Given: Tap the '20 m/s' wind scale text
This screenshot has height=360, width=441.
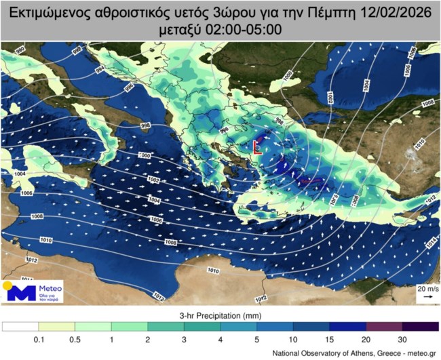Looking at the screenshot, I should point(425,288).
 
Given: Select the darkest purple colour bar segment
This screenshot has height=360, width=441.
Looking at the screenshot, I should point(421,327).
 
